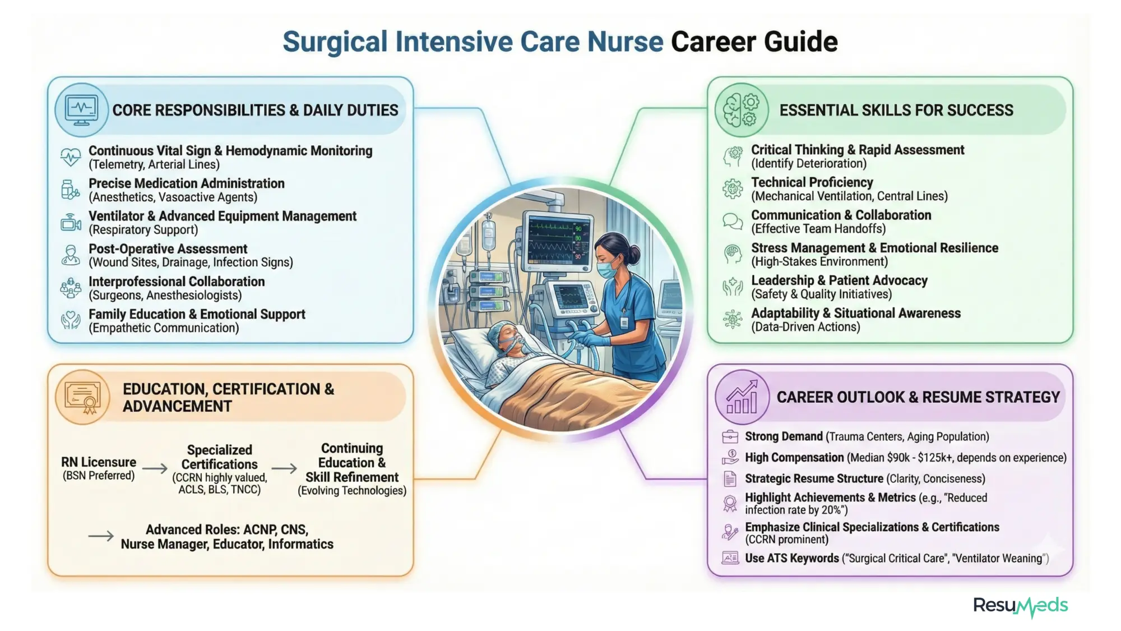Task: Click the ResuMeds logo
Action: [x=1020, y=606]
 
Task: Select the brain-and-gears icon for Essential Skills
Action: [x=742, y=110]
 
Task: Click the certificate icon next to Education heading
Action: [x=82, y=397]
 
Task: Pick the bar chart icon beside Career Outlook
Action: [x=742, y=397]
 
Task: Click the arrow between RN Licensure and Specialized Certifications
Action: [x=155, y=468]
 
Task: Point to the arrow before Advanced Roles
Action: [x=101, y=537]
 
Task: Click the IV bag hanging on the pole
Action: [x=488, y=236]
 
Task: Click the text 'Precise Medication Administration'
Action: [x=187, y=183]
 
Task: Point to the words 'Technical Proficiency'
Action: [x=812, y=182]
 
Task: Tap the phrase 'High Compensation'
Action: [x=794, y=458]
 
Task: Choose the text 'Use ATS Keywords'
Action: [x=791, y=559]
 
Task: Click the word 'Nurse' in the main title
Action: [x=625, y=42]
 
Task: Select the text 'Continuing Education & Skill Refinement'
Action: [x=352, y=463]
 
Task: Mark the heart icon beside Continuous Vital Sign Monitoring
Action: [x=71, y=157]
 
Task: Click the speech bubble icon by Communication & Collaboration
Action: [x=732, y=222]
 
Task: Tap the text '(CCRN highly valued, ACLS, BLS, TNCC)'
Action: [x=220, y=483]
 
